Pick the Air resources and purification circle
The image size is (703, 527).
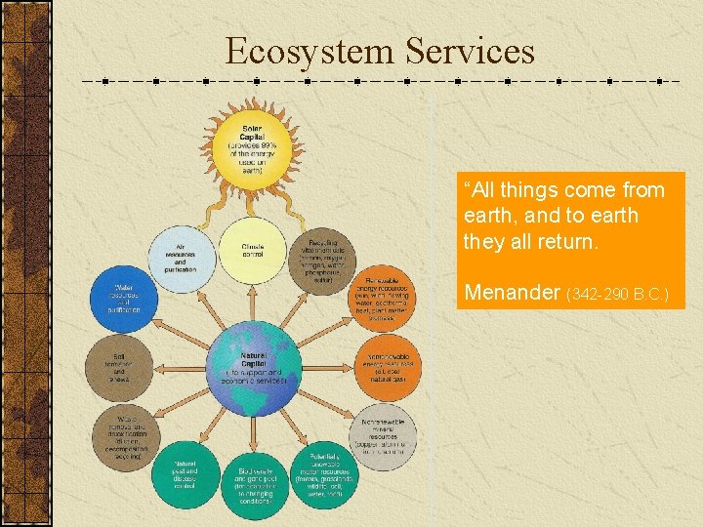[182, 257]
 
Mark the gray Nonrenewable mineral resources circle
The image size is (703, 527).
[385, 433]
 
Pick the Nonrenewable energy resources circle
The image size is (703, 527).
[388, 366]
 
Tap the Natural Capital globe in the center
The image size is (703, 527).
[253, 369]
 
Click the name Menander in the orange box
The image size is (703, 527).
[511, 291]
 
